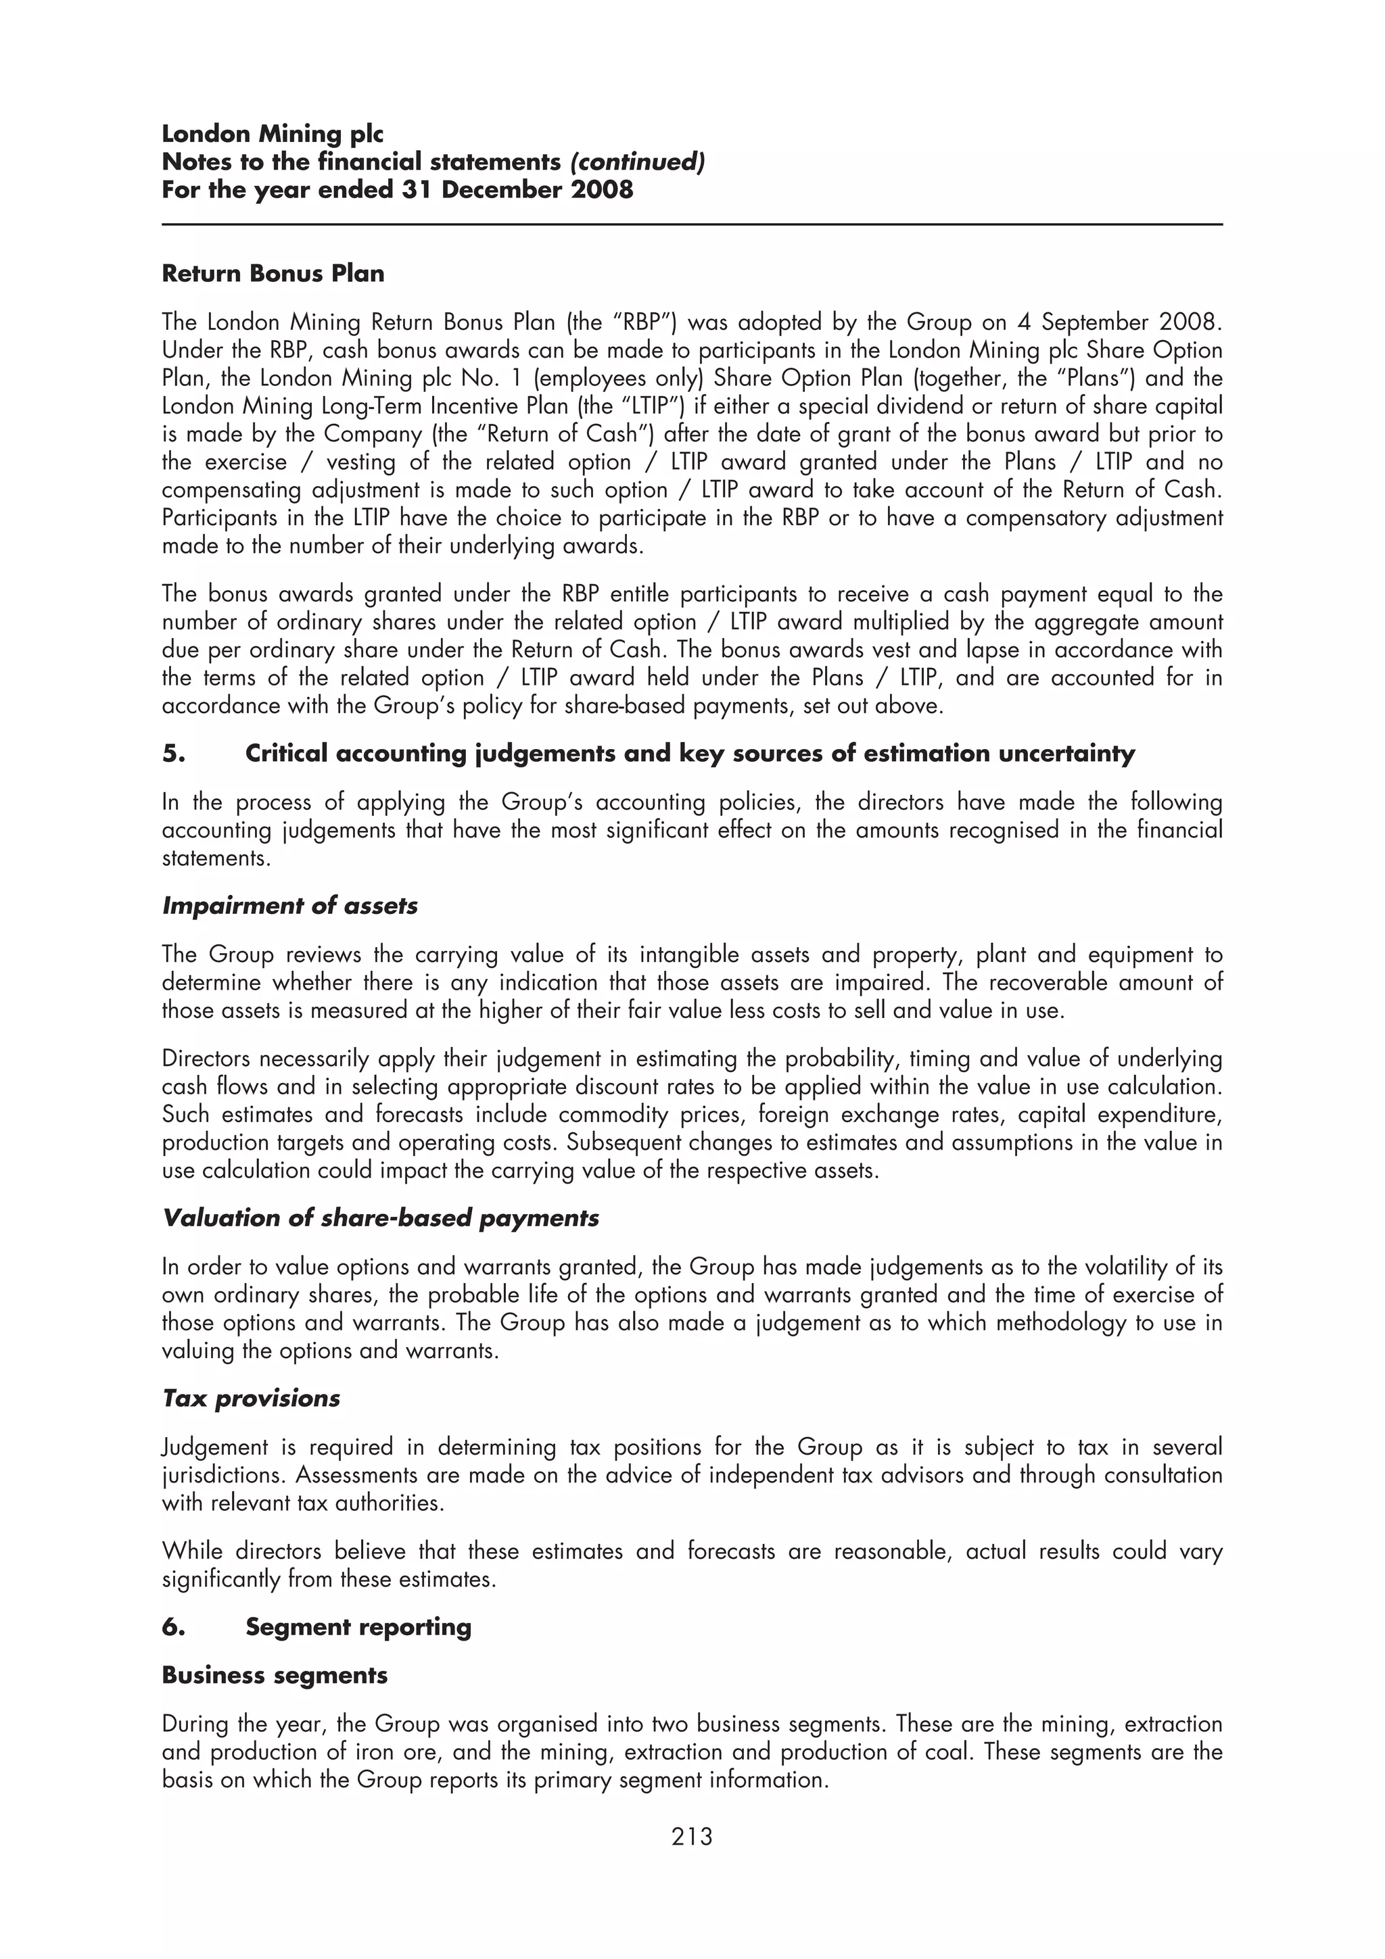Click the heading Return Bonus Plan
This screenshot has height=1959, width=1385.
[x=273, y=274]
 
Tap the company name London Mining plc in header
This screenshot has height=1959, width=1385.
[x=273, y=134]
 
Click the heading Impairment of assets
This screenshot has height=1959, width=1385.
[x=289, y=905]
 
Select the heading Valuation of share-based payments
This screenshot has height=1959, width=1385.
[x=380, y=1217]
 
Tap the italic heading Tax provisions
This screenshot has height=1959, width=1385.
[x=251, y=1399]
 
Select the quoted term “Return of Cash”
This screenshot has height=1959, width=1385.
[x=566, y=434]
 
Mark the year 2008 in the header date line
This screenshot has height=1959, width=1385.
[x=603, y=189]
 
